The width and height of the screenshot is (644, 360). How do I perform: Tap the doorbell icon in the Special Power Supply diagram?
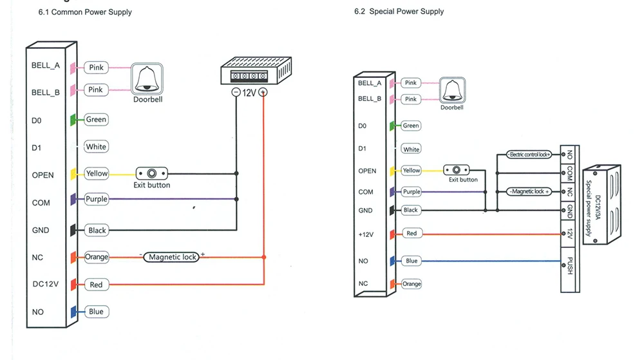pos(451,90)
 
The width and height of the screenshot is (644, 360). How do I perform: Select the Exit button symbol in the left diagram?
pos(152,173)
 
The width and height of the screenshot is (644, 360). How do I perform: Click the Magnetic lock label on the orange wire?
pos(173,257)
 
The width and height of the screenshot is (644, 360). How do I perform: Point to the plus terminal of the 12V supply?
pos(263,92)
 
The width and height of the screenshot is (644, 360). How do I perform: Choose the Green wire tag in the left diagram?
pos(96,119)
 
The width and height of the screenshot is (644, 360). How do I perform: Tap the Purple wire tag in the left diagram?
pos(96,200)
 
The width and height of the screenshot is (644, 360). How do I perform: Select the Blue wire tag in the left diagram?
pos(96,312)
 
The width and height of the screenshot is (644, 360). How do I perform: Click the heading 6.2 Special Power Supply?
pos(399,12)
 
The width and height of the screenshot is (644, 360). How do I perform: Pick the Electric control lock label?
pos(529,155)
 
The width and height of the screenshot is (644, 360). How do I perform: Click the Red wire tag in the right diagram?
pos(412,233)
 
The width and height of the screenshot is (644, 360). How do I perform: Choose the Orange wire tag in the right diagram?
pos(412,284)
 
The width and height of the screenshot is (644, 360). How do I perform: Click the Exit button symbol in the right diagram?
pos(457,170)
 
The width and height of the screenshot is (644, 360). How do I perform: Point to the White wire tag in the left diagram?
pos(96,147)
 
